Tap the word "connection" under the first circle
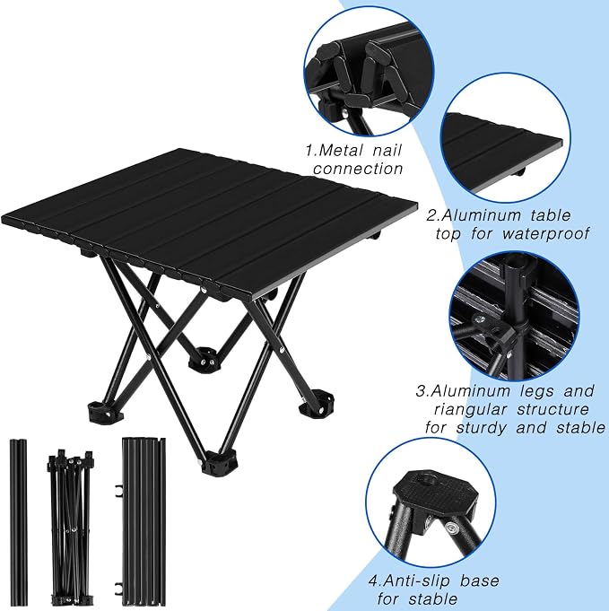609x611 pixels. click(x=358, y=169)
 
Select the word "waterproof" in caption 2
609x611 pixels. click(x=545, y=233)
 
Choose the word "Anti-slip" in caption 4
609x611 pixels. click(x=417, y=580)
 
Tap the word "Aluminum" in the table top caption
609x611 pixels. click(x=483, y=215)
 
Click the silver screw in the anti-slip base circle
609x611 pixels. click(x=452, y=528)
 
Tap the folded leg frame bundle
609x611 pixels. click(x=71, y=528)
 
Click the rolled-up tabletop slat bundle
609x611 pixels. click(x=144, y=522)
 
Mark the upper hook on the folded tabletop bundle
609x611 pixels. click(x=118, y=492)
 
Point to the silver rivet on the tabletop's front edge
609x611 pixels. click(x=204, y=290)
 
